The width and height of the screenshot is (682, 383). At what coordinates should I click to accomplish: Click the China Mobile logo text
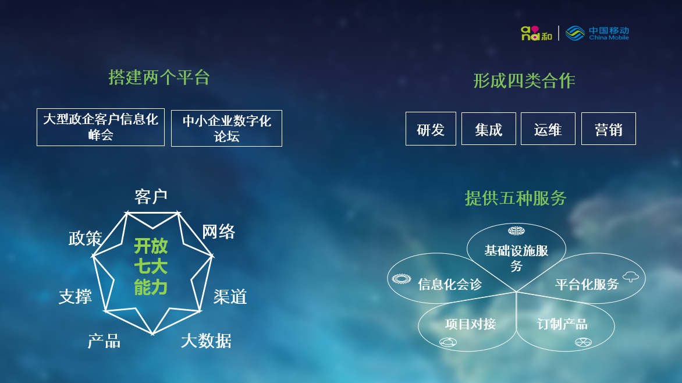coord(609,33)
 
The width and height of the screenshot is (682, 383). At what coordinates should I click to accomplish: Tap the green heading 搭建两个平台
coord(159,77)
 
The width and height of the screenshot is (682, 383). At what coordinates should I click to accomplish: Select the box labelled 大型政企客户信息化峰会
coord(101,127)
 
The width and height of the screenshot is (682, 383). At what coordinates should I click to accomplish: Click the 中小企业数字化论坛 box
coord(226,129)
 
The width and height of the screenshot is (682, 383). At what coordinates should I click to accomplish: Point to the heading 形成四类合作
coord(524,80)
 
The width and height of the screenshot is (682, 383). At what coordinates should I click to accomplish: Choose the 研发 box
coord(431,129)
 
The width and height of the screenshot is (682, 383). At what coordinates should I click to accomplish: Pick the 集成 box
coord(488,129)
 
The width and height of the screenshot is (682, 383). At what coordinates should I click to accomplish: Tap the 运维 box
coord(548,129)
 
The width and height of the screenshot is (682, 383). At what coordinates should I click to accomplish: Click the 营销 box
coord(609,129)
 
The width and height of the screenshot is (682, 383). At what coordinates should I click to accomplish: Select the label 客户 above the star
coord(151,197)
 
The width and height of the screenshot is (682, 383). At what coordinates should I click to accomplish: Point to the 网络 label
coord(218,232)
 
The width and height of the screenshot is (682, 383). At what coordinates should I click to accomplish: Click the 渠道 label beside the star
coord(230,297)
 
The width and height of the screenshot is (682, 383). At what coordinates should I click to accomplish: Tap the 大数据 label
coord(206,341)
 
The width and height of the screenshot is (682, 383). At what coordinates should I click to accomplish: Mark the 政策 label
coord(85,239)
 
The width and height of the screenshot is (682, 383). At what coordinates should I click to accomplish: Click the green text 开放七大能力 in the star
coord(151,267)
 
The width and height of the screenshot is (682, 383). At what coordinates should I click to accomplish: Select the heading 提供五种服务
coord(516,198)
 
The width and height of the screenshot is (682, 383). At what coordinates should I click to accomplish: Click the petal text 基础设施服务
coord(516,258)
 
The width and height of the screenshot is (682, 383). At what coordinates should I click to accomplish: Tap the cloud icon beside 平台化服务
coord(631,276)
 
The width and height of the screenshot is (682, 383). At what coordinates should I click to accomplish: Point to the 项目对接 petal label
coord(471,324)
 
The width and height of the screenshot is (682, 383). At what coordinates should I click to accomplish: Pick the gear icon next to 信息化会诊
coord(401,279)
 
